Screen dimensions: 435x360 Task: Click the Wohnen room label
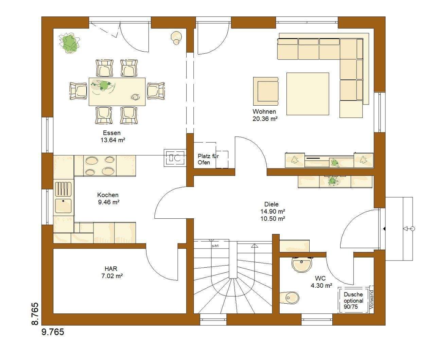pos(264,112)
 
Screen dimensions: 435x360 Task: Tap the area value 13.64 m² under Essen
pos(113,140)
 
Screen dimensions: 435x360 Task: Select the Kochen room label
pos(108,195)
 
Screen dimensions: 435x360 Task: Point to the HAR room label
pos(111,269)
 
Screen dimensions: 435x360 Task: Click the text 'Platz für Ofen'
pos(208,159)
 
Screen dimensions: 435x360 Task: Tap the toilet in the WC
pos(289,298)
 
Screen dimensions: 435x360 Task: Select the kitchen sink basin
pos(63,206)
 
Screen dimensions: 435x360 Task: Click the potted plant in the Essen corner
pos(69,43)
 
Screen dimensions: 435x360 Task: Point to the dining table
pos(117,92)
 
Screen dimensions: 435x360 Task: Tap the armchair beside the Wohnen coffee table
pos(266,91)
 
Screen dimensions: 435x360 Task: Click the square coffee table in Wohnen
pos(308,94)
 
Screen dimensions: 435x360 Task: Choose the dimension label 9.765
pos(53,332)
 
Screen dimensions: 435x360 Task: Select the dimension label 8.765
pos(35,314)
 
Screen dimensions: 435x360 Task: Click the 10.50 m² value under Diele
pos(273,219)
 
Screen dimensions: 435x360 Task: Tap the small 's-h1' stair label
pos(215,246)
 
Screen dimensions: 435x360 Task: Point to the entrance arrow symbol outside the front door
pos(409,229)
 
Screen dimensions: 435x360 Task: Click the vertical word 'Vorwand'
pos(371,300)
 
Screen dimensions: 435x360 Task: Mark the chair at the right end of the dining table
pos(156,91)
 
